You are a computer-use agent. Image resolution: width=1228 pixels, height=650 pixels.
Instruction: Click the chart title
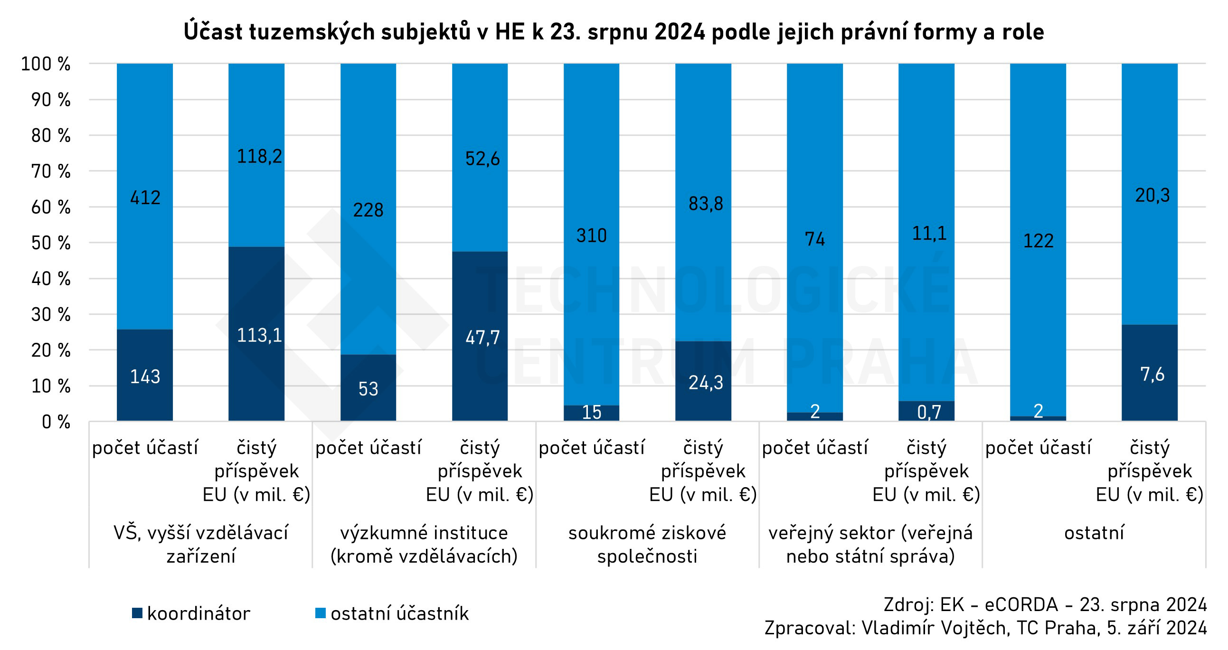click(614, 32)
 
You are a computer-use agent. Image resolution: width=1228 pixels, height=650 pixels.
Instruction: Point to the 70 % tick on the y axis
click(50, 171)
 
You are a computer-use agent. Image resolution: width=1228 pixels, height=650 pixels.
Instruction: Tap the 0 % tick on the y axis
click(56, 422)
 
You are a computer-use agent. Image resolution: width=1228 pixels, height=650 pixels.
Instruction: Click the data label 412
click(145, 198)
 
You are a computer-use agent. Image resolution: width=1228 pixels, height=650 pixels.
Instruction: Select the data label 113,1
click(259, 336)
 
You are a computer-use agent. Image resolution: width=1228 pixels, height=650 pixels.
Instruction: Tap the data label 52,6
click(482, 159)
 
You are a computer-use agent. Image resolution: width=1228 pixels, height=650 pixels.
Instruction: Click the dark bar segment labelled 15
click(591, 413)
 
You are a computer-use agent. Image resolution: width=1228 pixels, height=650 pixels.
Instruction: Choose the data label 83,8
click(706, 204)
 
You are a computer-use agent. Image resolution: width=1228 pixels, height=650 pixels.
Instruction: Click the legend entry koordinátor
click(191, 613)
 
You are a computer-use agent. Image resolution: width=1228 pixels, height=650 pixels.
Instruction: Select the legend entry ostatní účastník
click(392, 613)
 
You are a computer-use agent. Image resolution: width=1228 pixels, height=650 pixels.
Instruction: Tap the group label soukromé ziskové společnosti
click(647, 544)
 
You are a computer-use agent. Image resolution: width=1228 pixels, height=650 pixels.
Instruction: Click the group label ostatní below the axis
click(1094, 533)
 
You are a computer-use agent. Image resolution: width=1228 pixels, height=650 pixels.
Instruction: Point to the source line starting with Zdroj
click(1045, 604)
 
